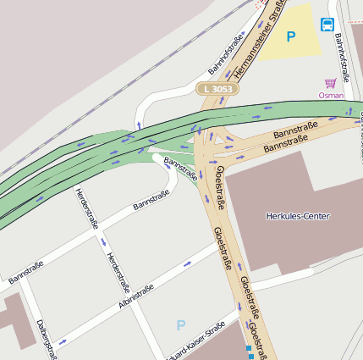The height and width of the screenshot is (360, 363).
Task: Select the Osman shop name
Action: click(x=331, y=96)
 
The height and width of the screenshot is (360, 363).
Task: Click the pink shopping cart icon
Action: click(x=331, y=83)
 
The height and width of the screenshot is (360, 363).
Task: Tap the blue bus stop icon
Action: click(x=327, y=25)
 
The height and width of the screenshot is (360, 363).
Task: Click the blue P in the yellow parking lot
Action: click(x=291, y=36)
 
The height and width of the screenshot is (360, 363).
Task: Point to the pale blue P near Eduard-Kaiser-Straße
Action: click(x=180, y=324)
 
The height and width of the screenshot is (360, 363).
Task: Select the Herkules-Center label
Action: click(x=298, y=216)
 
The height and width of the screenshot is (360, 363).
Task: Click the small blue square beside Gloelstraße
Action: click(x=250, y=348)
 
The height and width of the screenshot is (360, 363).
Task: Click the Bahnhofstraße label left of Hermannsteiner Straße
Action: click(x=226, y=54)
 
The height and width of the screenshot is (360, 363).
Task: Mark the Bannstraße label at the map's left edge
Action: click(x=25, y=272)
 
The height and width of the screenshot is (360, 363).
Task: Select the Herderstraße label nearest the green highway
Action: click(x=84, y=207)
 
